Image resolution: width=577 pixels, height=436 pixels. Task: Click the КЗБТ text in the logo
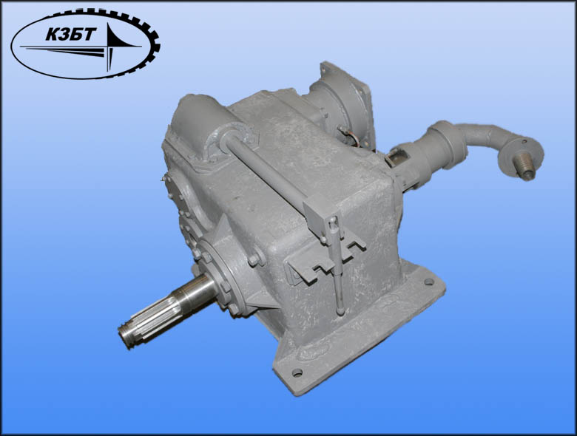tap(71, 35)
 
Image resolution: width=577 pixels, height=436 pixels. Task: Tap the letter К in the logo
tap(53, 35)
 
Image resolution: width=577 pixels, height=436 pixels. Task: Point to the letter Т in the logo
tap(90, 35)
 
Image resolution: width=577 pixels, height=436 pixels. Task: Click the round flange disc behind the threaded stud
tap(522, 152)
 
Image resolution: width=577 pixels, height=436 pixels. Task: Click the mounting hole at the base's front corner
tap(297, 372)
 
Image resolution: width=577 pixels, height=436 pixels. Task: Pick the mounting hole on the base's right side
tap(429, 282)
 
